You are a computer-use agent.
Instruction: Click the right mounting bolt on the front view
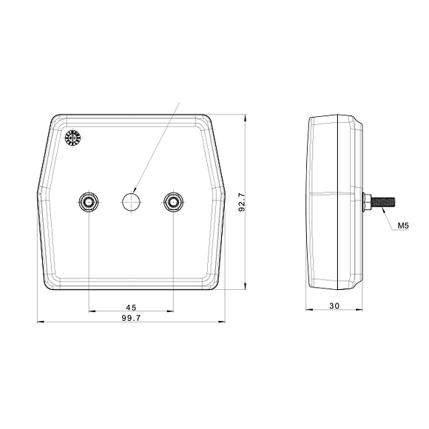pyautogui.click(x=173, y=201)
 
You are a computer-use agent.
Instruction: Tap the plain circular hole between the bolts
pyautogui.click(x=131, y=200)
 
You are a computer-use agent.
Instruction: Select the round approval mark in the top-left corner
pyautogui.click(x=72, y=138)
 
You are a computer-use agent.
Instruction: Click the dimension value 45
pyautogui.click(x=131, y=307)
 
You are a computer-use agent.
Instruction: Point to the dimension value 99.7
pyautogui.click(x=131, y=317)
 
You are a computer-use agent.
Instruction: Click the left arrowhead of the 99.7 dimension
pyautogui.click(x=39, y=322)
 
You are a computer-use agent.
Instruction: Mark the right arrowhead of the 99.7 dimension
pyautogui.click(x=223, y=322)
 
